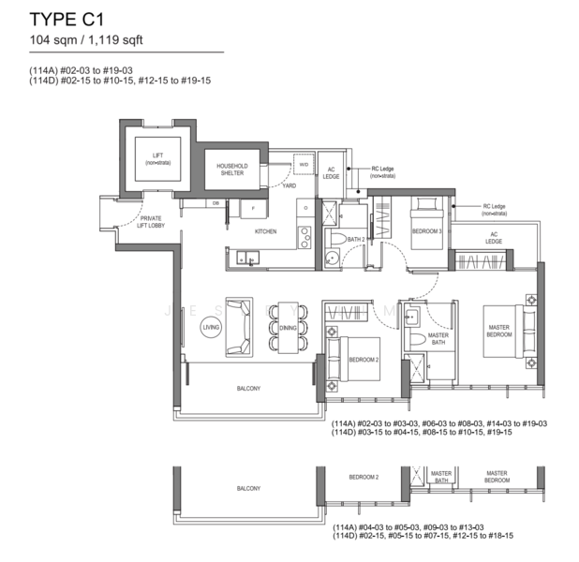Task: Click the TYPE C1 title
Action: (66, 18)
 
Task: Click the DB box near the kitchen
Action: (215, 202)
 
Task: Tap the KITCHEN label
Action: (266, 230)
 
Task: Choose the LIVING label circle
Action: (211, 327)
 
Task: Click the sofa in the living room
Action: (240, 327)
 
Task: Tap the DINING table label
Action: (287, 328)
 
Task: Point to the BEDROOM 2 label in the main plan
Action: (363, 359)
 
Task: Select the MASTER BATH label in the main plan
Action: (438, 339)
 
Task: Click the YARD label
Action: (289, 185)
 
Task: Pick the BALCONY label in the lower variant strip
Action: (247, 489)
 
